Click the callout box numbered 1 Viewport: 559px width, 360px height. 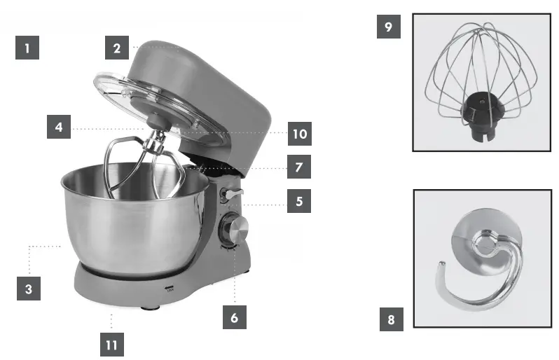[x=27, y=48]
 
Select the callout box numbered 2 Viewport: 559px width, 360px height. [x=118, y=48]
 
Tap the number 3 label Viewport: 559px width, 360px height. [x=28, y=289]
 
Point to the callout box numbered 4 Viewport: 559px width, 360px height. [x=60, y=127]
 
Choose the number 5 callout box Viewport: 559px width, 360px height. [x=299, y=201]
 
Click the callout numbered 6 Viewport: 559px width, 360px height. [x=235, y=317]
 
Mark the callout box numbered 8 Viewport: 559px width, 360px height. [x=391, y=321]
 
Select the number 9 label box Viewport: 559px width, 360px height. [x=389, y=27]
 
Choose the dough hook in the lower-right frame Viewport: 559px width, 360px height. [x=480, y=266]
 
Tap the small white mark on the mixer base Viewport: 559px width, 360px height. [x=167, y=288]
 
